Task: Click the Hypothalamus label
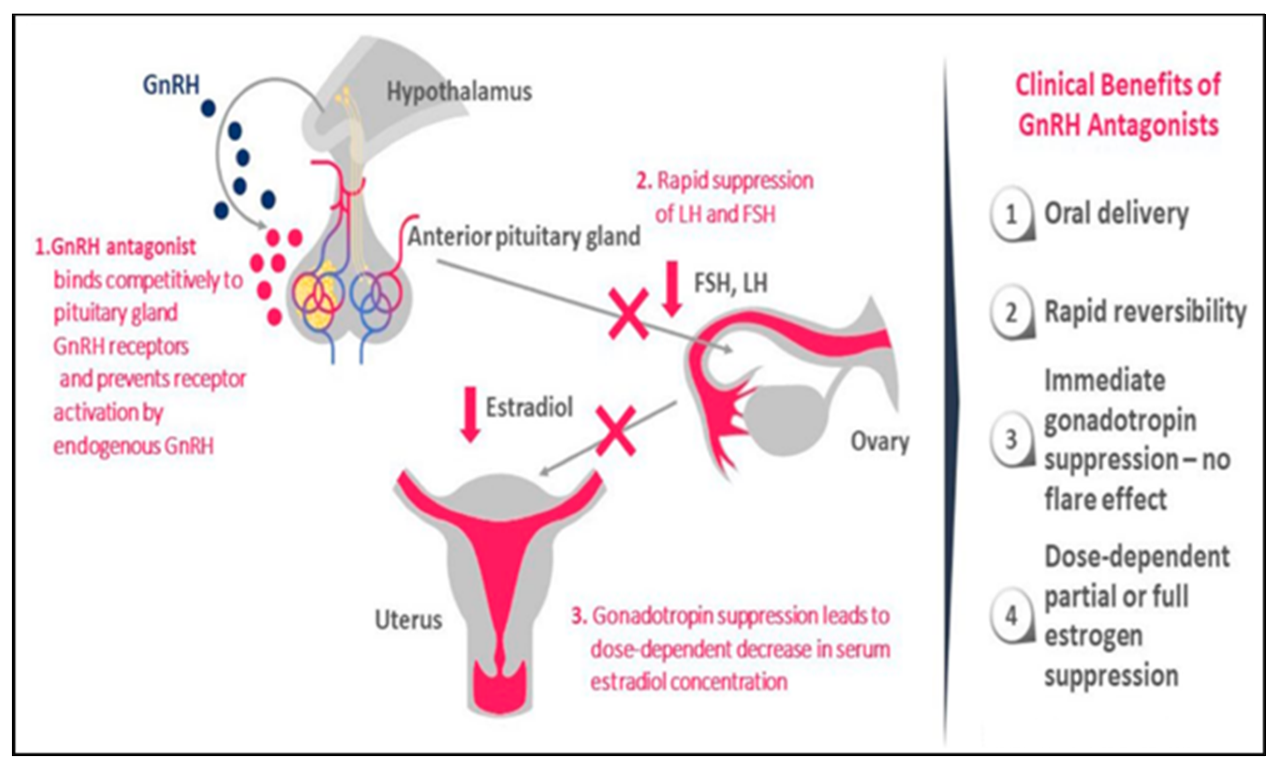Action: [x=459, y=92]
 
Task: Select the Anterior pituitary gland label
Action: [x=524, y=237]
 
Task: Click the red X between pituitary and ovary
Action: [x=628, y=314]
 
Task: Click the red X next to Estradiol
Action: [x=616, y=431]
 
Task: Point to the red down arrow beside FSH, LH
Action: [x=672, y=289]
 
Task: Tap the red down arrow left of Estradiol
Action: [x=470, y=414]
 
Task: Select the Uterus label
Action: [x=408, y=620]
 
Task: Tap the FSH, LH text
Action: [x=730, y=284]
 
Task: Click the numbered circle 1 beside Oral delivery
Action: [x=1011, y=214]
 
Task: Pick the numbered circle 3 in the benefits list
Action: [x=1011, y=440]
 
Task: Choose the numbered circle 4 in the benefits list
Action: [x=1011, y=616]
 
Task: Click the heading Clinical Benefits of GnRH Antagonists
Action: [x=1118, y=105]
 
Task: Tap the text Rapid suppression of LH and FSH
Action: [x=725, y=197]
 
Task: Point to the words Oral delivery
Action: [x=1116, y=213]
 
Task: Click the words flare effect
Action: [x=1105, y=499]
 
